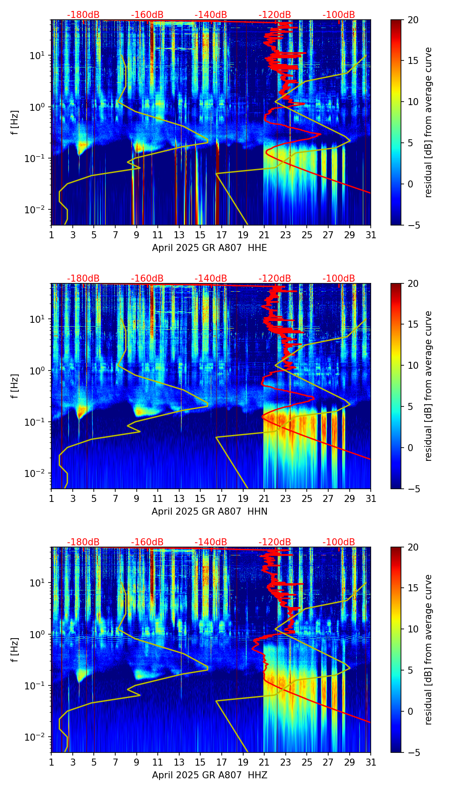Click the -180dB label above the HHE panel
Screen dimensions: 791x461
click(x=83, y=15)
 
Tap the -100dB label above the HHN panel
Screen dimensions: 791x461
click(x=339, y=279)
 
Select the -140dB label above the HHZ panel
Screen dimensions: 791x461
click(x=211, y=542)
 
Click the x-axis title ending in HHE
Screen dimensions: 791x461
click(x=209, y=248)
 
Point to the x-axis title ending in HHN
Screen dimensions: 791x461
click(x=209, y=512)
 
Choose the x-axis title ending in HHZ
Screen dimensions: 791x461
click(x=209, y=775)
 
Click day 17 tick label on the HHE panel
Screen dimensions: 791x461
click(x=222, y=235)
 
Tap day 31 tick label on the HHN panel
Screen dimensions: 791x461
click(x=371, y=498)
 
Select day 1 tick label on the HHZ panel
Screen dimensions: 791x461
click(x=51, y=762)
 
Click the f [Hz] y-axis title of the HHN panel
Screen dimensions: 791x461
click(x=15, y=386)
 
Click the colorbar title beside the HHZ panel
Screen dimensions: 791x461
click(x=428, y=650)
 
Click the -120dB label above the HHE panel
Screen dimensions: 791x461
click(x=275, y=15)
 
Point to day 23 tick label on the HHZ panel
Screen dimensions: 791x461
click(x=286, y=762)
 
